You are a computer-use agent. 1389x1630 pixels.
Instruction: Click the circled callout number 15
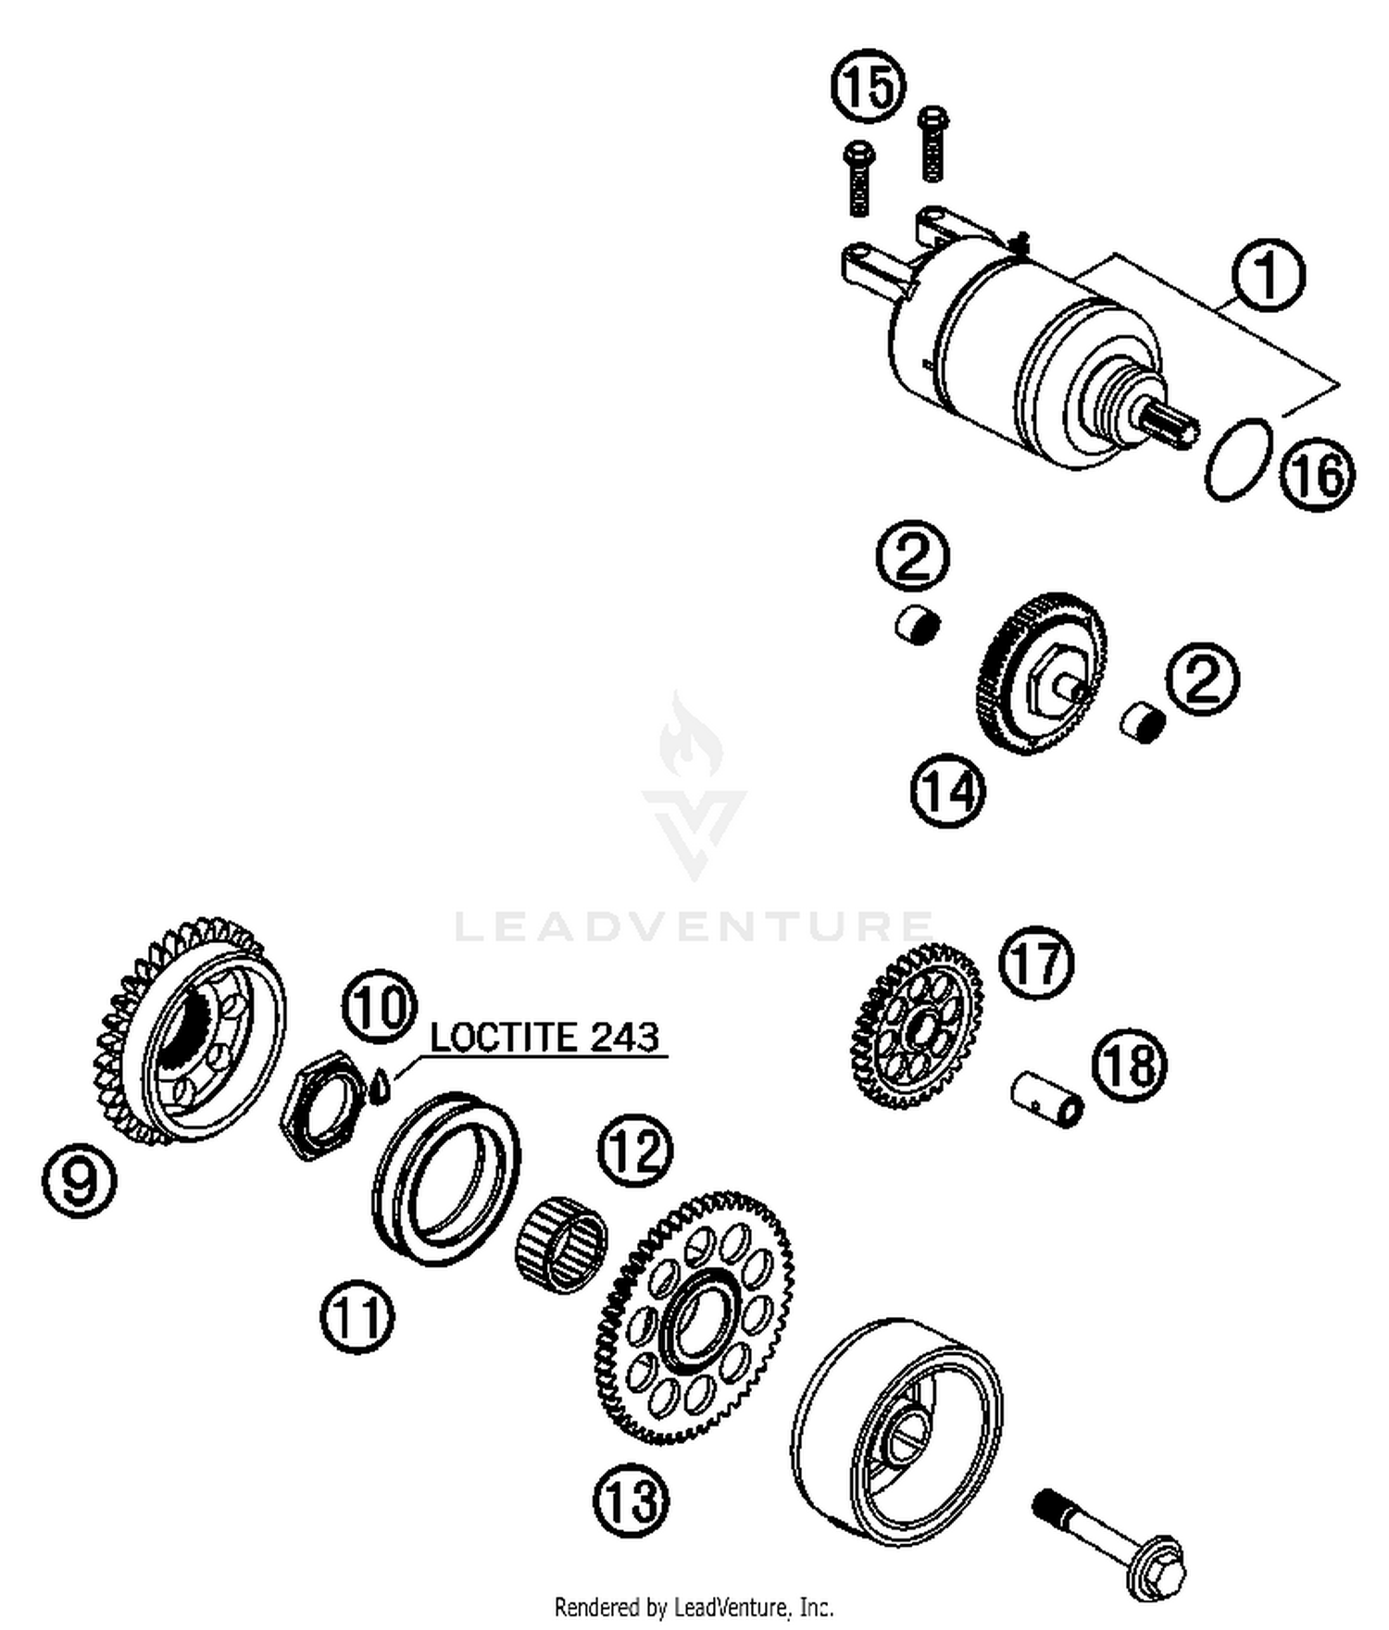click(x=868, y=86)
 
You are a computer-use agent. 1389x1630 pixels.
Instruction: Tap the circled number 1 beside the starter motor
click(x=1268, y=276)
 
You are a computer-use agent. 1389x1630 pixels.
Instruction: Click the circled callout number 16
click(x=1317, y=476)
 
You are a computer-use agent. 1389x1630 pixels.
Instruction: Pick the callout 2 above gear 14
click(x=913, y=556)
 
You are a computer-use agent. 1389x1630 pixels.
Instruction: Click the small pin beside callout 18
click(x=1046, y=1098)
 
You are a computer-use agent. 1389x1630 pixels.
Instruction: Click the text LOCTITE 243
click(x=544, y=1037)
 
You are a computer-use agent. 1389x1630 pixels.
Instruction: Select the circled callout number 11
click(x=357, y=1317)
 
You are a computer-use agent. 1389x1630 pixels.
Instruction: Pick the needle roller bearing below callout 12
click(x=561, y=1243)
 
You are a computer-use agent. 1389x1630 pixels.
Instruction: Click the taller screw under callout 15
click(x=932, y=143)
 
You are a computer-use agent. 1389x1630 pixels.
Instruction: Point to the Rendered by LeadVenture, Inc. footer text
click(x=694, y=1607)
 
